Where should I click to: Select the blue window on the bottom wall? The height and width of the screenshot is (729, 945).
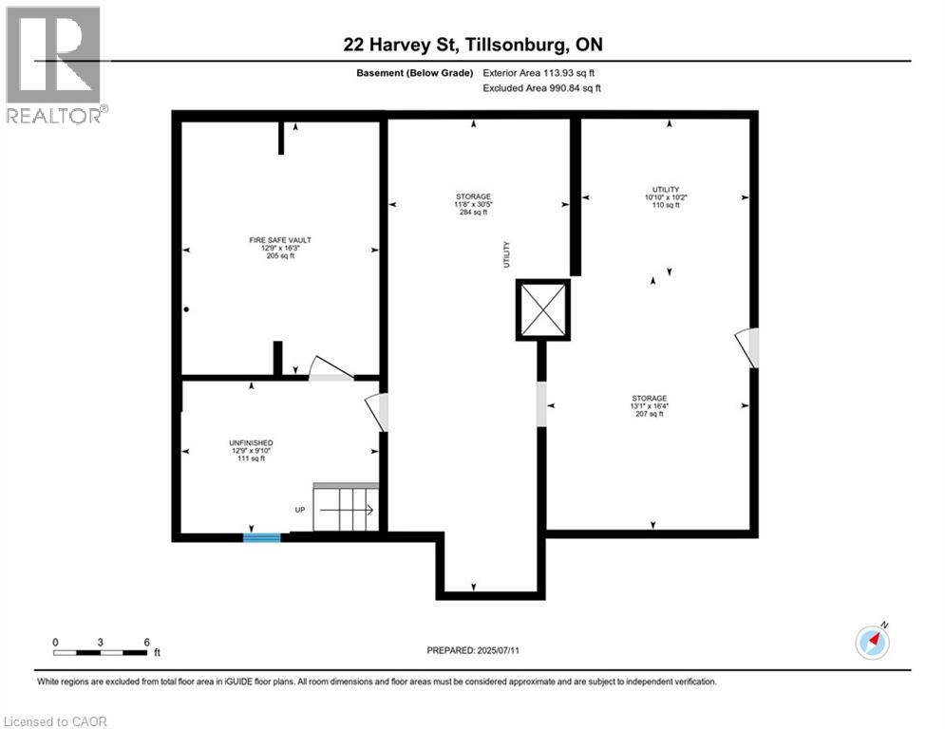(261, 537)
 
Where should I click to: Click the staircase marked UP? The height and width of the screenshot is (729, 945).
(346, 510)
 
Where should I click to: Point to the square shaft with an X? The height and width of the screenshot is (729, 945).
(543, 309)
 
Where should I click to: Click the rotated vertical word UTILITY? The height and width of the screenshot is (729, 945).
(507, 253)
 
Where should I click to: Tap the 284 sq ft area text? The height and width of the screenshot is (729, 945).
(472, 213)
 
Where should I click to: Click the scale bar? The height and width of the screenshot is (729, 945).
(101, 652)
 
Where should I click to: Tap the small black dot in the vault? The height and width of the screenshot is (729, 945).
(187, 309)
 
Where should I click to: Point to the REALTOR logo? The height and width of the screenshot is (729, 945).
(54, 65)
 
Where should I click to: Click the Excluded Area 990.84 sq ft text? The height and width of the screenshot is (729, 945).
(541, 88)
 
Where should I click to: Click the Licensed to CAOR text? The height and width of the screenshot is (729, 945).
(56, 721)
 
